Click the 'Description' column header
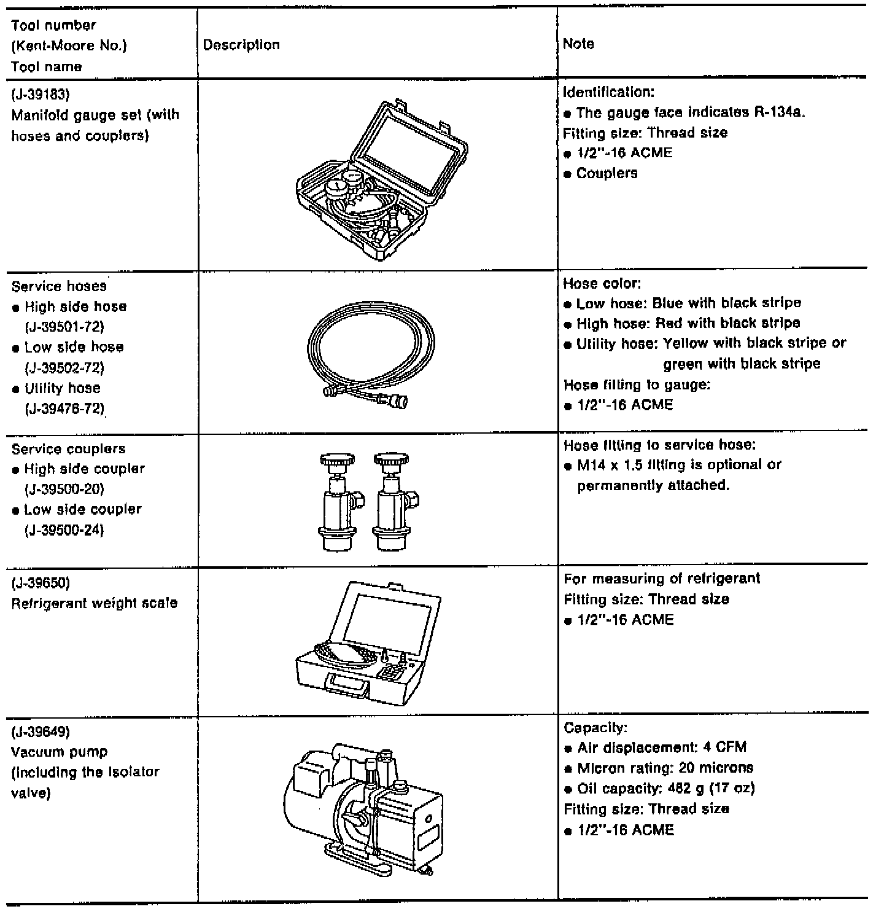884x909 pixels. tap(241, 45)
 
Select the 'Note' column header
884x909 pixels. tap(578, 44)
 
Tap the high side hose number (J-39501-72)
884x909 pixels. tap(64, 327)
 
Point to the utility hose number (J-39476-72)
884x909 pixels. tap(64, 408)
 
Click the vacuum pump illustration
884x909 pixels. tap(362, 811)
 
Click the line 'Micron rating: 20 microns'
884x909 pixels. tap(665, 768)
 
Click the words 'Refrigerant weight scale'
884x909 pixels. tap(95, 603)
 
